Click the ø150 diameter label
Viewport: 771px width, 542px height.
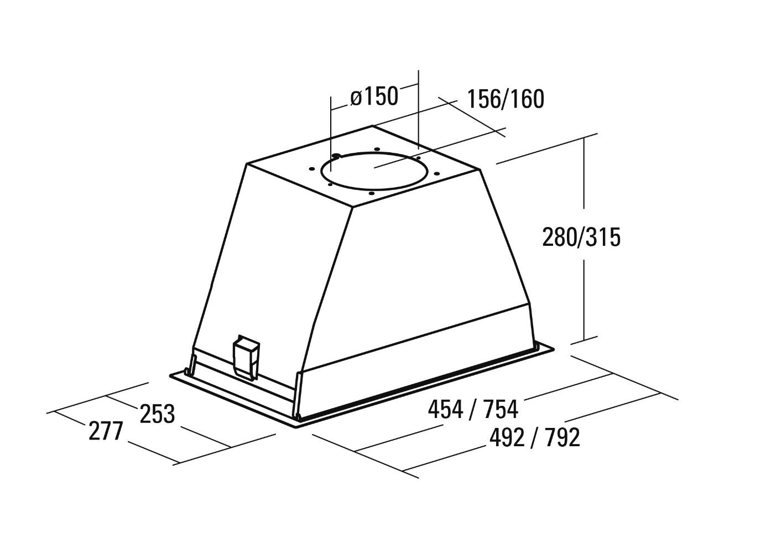[x=374, y=96]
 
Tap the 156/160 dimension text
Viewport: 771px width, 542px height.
[x=506, y=99]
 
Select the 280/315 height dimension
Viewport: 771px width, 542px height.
[x=581, y=237]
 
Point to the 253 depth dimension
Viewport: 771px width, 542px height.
[x=157, y=414]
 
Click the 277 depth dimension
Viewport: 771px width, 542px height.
[x=106, y=431]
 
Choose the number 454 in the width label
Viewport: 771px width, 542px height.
[x=445, y=410]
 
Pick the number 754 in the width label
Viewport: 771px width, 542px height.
[x=501, y=410]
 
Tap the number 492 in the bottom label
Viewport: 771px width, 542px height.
[x=507, y=438]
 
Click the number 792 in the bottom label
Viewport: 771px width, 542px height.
[x=562, y=438]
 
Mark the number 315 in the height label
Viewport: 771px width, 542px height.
[x=603, y=237]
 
